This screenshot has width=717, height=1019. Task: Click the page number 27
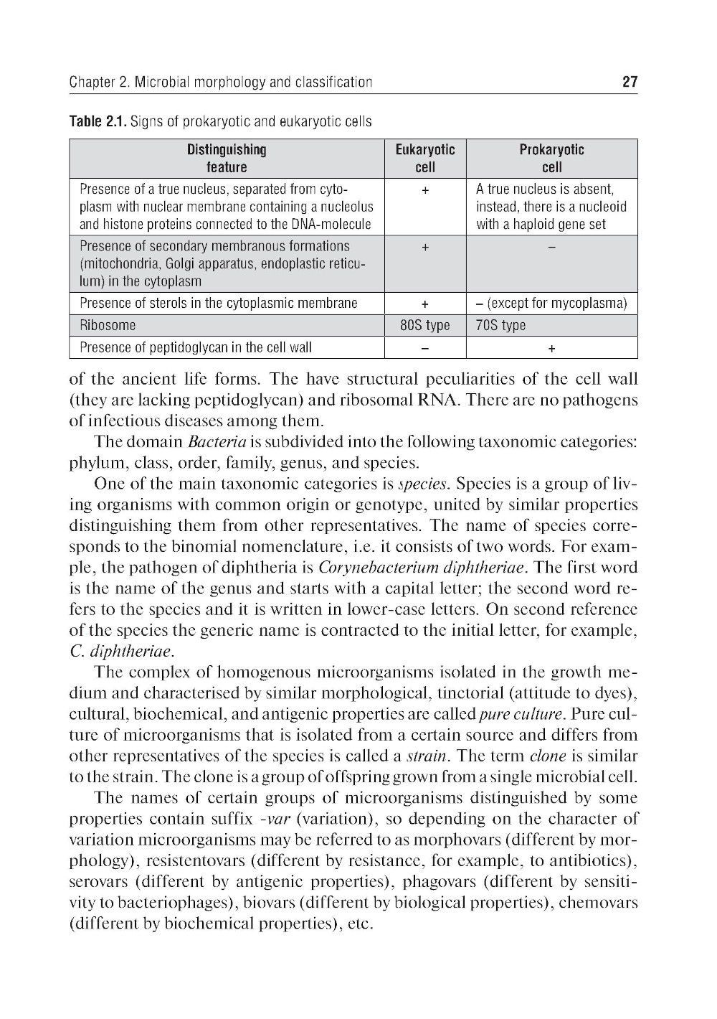coord(630,82)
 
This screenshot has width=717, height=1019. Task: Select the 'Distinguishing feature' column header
coord(227,159)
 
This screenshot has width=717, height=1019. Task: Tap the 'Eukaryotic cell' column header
coord(425,159)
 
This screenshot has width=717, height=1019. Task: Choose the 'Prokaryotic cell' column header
coord(551,159)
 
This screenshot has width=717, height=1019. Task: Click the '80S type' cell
coord(425,325)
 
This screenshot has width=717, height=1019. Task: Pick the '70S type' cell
coord(501,325)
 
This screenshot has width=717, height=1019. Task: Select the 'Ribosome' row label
coord(108,325)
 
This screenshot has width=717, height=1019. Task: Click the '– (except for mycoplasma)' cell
coord(551,303)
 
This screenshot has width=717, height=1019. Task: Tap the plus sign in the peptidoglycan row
coord(551,348)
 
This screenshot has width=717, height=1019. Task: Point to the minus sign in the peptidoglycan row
coord(425,348)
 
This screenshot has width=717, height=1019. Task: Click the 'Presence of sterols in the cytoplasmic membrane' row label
coord(219,303)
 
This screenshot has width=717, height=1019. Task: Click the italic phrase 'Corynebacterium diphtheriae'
coord(422,568)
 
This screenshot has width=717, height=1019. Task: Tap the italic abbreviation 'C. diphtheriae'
coord(121,652)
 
